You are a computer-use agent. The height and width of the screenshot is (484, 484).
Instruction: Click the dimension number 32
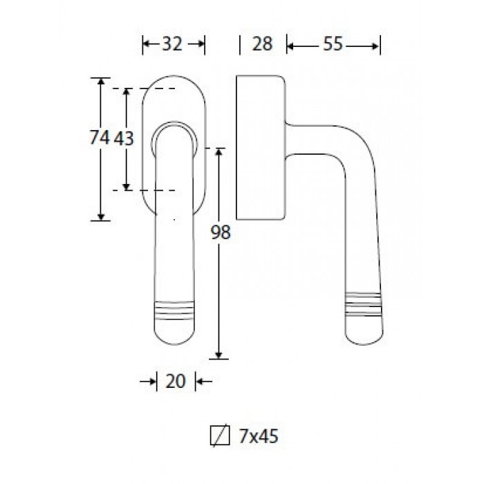(172, 44)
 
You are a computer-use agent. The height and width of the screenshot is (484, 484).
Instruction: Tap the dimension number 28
(262, 44)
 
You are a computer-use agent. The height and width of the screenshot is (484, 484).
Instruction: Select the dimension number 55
(333, 44)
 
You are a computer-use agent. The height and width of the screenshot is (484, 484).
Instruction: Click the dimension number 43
(124, 138)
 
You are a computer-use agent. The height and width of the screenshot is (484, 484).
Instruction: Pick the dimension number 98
(221, 232)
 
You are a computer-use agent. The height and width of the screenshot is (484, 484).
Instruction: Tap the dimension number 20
(176, 381)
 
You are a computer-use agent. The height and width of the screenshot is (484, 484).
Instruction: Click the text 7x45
(259, 436)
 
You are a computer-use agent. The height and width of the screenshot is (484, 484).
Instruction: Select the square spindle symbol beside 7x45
(220, 436)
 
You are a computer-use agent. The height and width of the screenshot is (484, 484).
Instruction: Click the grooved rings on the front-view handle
(174, 310)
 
